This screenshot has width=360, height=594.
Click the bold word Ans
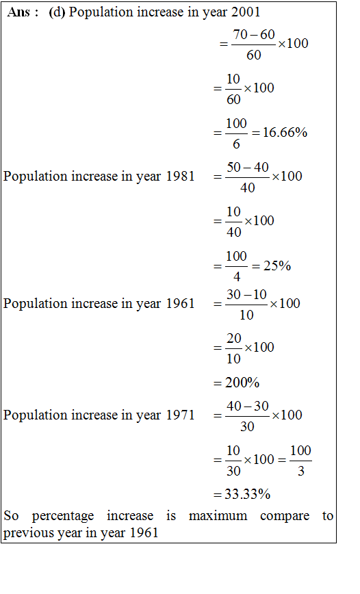click(18, 12)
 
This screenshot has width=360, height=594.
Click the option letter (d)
click(57, 12)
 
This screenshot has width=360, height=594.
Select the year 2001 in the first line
click(246, 12)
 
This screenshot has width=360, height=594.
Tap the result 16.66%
click(285, 132)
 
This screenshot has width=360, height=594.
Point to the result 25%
click(277, 266)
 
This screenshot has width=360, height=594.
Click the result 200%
click(242, 383)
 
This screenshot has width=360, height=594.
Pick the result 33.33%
click(248, 494)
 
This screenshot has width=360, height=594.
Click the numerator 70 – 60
click(254, 34)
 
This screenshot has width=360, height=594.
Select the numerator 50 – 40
click(248, 167)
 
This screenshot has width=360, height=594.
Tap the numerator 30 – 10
click(246, 294)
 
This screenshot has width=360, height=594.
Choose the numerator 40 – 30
click(248, 406)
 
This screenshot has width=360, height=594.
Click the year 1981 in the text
click(181, 176)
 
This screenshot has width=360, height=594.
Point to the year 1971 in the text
click(181, 415)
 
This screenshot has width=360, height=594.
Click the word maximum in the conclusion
click(218, 516)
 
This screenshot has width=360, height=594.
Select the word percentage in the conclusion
click(63, 517)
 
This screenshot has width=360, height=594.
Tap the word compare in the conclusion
click(285, 517)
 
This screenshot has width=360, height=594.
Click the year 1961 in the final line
click(144, 533)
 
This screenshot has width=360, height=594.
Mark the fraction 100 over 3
click(301, 461)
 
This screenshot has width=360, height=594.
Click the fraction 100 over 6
click(236, 133)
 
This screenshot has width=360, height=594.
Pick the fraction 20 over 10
click(234, 348)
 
